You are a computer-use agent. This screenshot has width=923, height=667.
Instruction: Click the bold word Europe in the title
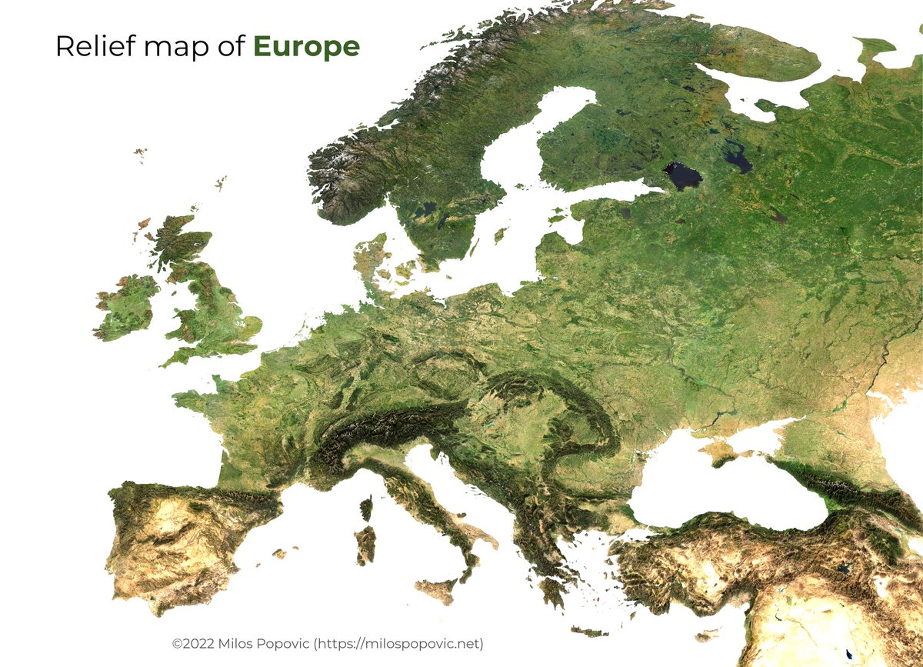[x=306, y=48]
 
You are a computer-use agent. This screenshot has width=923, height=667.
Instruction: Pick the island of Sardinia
[x=365, y=545]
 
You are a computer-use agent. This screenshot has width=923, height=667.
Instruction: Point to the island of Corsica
[x=366, y=509]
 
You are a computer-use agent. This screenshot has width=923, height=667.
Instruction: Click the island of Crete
[x=589, y=632]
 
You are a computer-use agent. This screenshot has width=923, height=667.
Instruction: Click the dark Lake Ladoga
[x=682, y=176]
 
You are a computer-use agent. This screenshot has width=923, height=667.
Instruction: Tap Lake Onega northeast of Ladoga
[x=737, y=158]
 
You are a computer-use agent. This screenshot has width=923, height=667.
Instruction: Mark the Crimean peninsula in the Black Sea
[x=726, y=449]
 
